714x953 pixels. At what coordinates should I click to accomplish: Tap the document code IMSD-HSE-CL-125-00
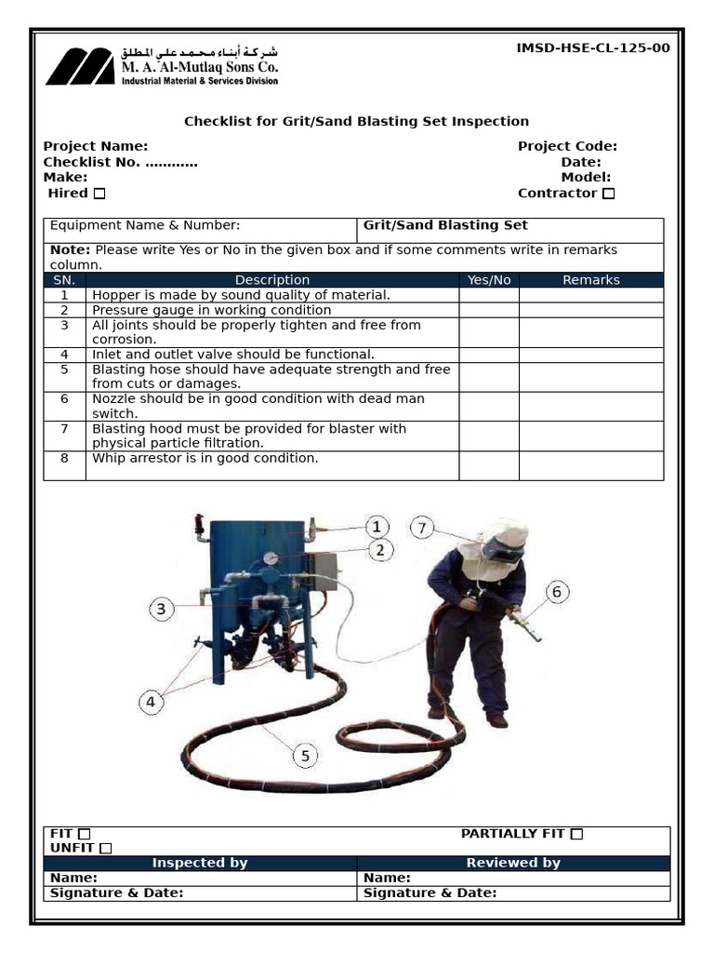point(592,48)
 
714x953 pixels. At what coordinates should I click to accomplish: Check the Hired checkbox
point(99,194)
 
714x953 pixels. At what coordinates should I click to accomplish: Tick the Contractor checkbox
point(608,194)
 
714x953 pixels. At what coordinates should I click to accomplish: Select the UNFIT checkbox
point(105,848)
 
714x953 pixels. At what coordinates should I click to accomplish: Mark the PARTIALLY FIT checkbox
point(576,834)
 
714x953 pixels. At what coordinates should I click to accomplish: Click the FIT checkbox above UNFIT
point(85,834)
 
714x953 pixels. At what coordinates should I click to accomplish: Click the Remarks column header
point(590,280)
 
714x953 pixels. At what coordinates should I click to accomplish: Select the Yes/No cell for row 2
point(488,310)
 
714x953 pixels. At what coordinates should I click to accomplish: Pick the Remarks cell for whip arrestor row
point(590,465)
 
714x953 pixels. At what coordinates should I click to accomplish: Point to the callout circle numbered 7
point(422,528)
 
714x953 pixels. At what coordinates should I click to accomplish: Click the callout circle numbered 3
point(161,610)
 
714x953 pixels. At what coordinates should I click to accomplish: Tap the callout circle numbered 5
point(305,756)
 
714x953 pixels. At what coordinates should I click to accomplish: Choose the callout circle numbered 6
point(557,591)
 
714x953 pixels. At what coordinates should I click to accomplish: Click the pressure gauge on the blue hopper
point(271,558)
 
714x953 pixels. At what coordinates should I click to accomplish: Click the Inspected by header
point(200,863)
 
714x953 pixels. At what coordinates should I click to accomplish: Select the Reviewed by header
point(513,863)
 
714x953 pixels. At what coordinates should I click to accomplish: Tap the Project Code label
point(567,146)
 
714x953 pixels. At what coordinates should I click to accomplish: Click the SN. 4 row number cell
point(64,355)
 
